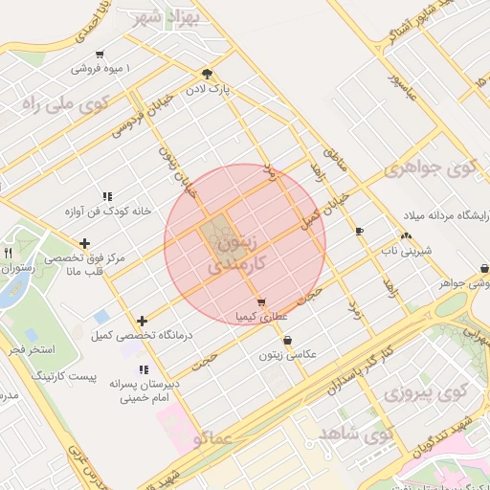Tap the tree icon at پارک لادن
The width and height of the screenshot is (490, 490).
coord(208,73)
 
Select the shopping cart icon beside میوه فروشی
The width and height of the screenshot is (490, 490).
coord(100,55)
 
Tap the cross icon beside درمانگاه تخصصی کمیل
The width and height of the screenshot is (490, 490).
coord(143,321)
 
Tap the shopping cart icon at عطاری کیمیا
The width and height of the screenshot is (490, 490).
coord(261,302)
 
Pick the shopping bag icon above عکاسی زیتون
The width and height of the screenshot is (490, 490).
coord(287,340)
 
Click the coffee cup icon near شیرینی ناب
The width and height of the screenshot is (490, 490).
coord(359,232)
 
